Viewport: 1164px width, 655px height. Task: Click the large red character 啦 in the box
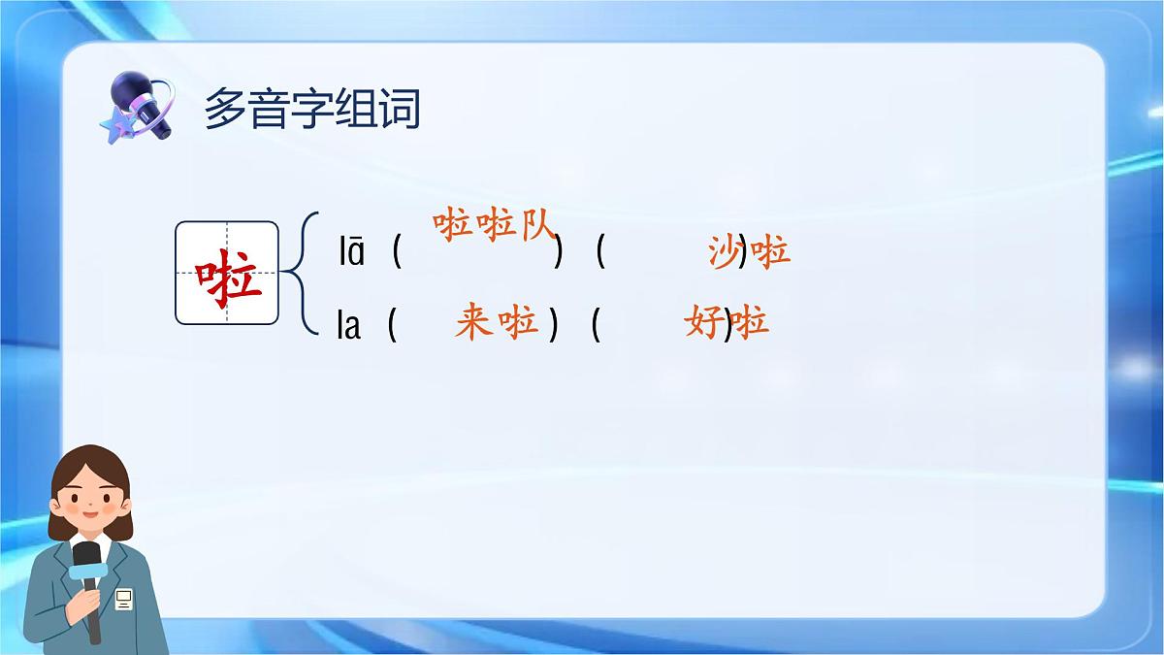coord(227,274)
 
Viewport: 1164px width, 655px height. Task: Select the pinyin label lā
coord(351,253)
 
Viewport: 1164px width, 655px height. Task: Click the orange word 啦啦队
coord(494,226)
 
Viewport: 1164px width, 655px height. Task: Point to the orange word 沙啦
coord(749,252)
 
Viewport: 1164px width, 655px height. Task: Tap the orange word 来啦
coord(496,322)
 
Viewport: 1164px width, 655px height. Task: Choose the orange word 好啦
coord(726,321)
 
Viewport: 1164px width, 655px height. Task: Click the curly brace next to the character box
coord(299,274)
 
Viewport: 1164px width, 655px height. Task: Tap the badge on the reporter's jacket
coord(123,600)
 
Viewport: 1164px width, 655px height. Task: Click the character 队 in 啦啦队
coord(534,226)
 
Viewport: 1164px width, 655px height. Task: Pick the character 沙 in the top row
coord(725,252)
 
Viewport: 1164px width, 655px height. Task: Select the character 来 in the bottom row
coord(473,322)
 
